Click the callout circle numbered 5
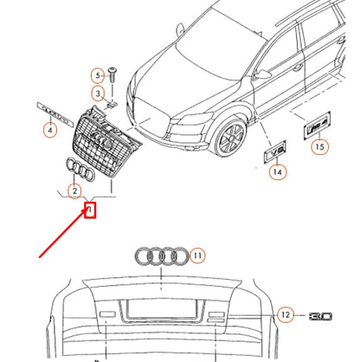coord(98,77)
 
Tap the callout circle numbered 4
coord(50,130)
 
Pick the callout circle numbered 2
coord(75,191)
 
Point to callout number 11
coord(197,255)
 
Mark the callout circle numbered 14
coord(277,172)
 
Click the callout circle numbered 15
coord(320,147)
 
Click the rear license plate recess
coord(164,311)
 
